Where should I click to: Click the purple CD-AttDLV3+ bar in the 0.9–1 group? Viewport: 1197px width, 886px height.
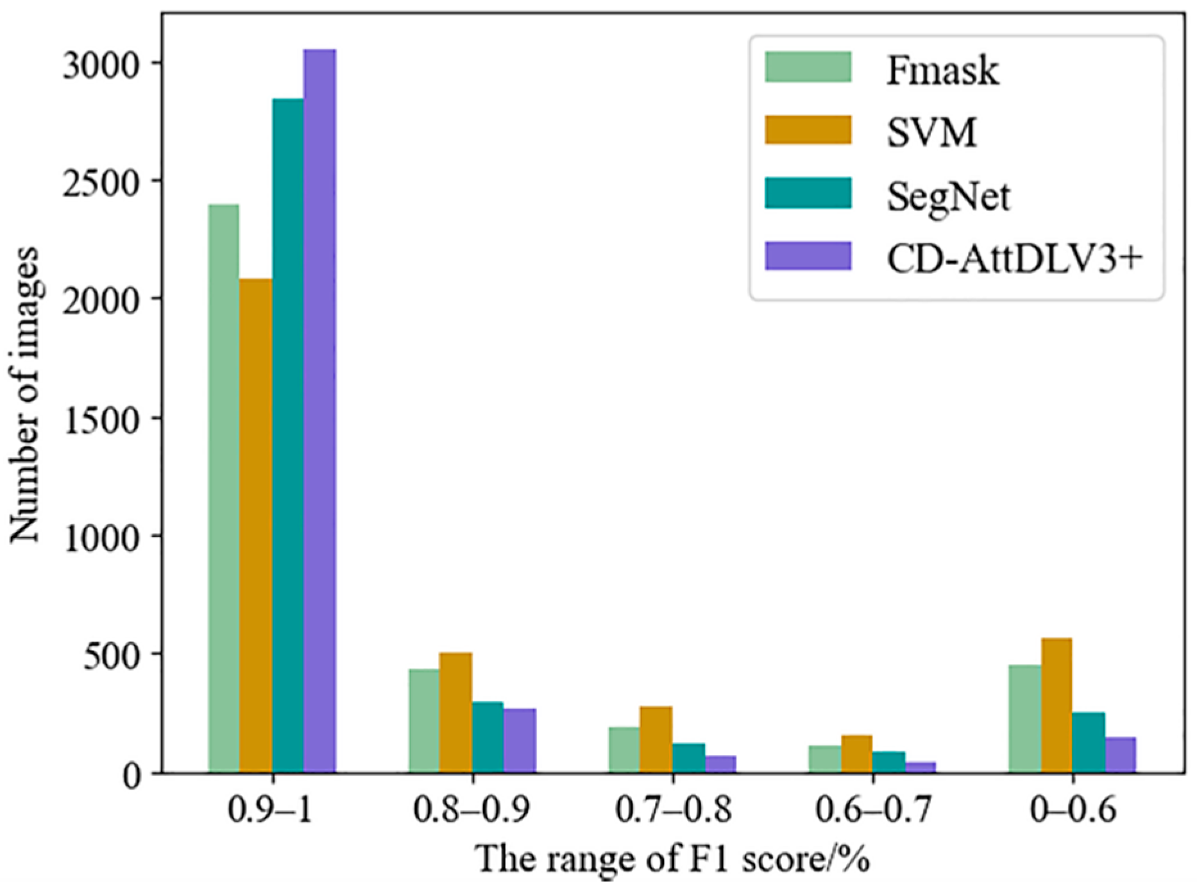click(319, 411)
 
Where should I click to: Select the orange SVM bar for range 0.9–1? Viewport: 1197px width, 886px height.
click(255, 526)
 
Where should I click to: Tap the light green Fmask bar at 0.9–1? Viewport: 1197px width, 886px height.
click(223, 488)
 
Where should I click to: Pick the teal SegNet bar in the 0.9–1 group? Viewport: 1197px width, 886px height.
click(287, 436)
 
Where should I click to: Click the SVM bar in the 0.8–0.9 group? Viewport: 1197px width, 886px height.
click(455, 712)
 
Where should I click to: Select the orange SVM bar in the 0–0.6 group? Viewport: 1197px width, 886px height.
click(1057, 706)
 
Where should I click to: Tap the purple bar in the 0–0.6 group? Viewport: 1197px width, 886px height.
click(1120, 755)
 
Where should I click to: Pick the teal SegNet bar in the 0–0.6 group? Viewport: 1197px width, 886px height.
click(1088, 742)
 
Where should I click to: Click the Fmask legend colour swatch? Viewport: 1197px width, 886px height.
click(808, 67)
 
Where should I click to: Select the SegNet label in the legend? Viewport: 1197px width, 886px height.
click(948, 196)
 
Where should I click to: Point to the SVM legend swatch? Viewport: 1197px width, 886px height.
click(808, 130)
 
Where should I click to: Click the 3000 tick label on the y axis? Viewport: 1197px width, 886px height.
click(101, 65)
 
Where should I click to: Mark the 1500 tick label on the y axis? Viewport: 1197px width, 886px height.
click(101, 420)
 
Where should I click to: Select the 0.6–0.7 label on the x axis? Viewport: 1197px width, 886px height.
click(872, 810)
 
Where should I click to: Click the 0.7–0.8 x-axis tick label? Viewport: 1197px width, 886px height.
click(673, 810)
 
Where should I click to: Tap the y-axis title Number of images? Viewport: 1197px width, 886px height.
click(24, 395)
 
